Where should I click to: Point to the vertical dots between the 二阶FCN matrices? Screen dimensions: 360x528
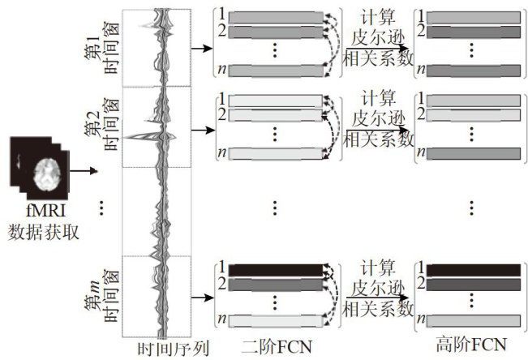click(x=274, y=207)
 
